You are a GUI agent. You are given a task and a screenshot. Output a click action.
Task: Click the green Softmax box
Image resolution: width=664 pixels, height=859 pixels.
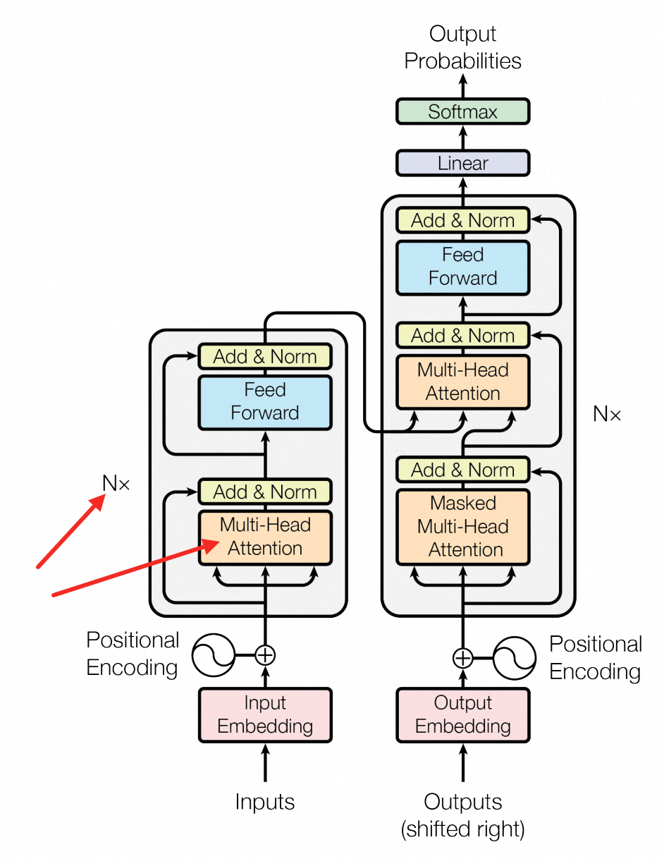(462, 112)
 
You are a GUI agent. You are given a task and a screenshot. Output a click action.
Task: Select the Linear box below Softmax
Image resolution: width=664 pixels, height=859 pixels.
(462, 164)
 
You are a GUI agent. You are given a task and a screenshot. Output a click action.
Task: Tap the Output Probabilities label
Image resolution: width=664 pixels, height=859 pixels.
(462, 47)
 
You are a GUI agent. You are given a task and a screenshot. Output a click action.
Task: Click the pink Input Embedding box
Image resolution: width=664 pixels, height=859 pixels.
(265, 714)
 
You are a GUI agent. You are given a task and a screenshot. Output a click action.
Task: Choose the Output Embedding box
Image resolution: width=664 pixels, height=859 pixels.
(462, 714)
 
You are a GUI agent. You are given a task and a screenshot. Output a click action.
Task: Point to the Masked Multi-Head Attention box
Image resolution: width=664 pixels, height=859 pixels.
(462, 526)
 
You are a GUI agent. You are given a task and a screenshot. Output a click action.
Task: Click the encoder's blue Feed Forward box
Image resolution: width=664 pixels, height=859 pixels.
(265, 401)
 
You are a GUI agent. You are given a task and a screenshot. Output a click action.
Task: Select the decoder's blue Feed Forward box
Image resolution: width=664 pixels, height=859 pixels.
(462, 266)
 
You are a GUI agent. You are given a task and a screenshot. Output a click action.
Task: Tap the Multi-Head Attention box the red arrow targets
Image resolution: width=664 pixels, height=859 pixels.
(265, 537)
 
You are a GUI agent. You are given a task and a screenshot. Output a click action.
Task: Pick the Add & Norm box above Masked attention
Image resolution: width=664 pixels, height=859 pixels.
(462, 470)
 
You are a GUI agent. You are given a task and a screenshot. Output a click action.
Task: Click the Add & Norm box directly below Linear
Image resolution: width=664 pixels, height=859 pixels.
(462, 221)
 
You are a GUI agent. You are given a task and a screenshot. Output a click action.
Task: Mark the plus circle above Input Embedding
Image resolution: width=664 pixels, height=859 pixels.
(265, 655)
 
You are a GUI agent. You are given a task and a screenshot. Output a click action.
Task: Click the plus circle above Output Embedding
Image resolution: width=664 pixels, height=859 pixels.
(462, 658)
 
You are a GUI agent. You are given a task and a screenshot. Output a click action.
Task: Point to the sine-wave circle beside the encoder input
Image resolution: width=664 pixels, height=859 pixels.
(214, 655)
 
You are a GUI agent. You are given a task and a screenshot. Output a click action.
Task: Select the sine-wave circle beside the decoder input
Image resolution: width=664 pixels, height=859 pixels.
(515, 658)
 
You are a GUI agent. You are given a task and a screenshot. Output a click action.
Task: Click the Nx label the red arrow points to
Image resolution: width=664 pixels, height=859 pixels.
(116, 484)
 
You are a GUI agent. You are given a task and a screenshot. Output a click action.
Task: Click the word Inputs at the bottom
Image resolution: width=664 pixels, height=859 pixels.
(265, 802)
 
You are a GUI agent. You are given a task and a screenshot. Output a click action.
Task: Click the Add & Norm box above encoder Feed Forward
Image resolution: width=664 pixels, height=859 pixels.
(265, 357)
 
